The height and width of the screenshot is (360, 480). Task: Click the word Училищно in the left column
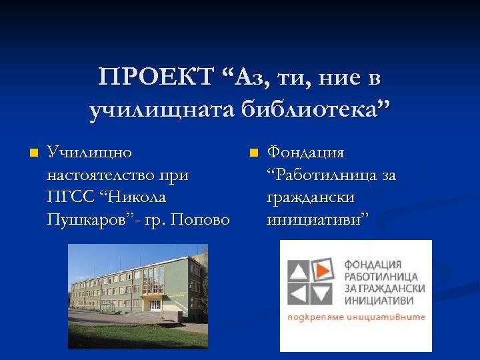[x=89, y=153]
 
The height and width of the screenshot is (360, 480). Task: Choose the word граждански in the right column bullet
[x=311, y=197]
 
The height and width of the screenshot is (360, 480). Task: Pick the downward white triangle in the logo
[x=323, y=293]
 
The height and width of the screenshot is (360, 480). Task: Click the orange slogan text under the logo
[x=356, y=317]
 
